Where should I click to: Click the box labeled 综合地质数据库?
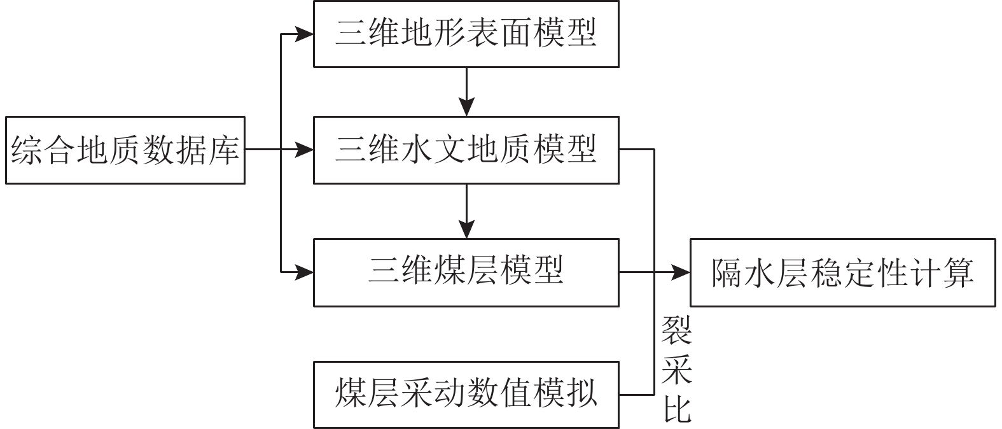click(125, 150)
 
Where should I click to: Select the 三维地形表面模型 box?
click(466, 34)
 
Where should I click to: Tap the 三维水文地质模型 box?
click(466, 150)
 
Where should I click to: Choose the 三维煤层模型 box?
click(466, 272)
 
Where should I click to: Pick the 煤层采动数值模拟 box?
click(466, 395)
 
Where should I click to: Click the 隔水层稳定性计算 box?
click(842, 272)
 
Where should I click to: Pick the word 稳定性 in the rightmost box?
click(858, 273)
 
